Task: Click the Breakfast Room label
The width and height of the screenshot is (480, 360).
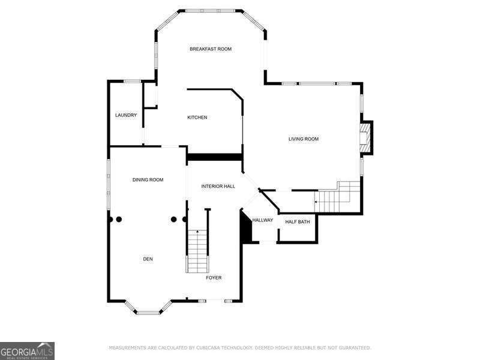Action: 211,49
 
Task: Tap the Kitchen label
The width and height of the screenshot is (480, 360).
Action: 197,117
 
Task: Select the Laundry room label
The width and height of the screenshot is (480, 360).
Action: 126,115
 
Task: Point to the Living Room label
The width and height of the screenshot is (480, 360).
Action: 304,139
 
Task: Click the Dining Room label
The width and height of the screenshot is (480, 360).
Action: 148,179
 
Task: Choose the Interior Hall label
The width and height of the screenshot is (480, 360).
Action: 218,186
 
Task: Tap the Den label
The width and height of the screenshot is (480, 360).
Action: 148,259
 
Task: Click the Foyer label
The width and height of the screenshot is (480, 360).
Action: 214,278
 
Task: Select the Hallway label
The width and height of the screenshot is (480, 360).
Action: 263,220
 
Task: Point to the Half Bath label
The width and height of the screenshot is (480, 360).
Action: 298,221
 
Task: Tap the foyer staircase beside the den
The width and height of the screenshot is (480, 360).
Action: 197,251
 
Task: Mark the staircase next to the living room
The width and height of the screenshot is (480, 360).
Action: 337,197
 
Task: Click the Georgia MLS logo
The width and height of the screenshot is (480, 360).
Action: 27,351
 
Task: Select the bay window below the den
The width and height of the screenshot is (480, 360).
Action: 148,307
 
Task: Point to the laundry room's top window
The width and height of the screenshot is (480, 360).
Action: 132,81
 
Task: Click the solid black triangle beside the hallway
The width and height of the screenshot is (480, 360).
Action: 245,226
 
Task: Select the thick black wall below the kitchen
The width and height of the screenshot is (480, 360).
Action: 215,157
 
